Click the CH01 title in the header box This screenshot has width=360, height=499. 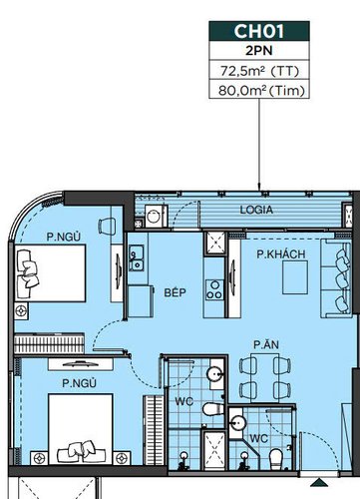coord(259,31)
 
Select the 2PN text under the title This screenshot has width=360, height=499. coord(259,51)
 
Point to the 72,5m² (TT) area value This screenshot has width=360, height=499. coord(259,71)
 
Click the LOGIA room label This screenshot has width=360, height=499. coord(256,210)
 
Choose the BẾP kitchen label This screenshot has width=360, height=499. coord(175,292)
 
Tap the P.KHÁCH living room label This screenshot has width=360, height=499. coord(281,254)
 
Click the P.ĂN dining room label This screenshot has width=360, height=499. coord(266,344)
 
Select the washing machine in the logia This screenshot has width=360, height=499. coord(156,216)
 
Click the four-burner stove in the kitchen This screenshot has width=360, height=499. coord(214,289)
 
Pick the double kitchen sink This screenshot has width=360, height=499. coord(137,257)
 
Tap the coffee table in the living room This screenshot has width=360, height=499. coord(295,277)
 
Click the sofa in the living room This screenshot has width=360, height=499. coord(336,278)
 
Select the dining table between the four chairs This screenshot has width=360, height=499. coord(265,377)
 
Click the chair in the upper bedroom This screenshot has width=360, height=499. coord(107,227)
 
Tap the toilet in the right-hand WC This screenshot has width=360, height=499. coord(276,459)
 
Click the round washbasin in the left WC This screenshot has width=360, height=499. coord(214,373)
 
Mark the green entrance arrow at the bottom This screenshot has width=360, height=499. coord(319,482)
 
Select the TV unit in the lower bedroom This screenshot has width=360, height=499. coord(81,364)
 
